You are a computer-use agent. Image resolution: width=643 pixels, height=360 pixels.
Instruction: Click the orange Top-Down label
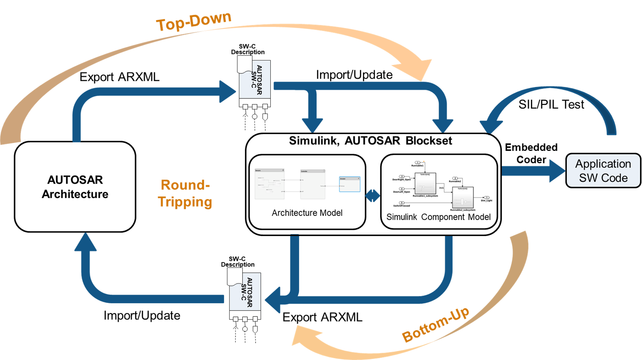click(194, 21)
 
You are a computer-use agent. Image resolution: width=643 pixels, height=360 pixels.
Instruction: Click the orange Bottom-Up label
click(435, 325)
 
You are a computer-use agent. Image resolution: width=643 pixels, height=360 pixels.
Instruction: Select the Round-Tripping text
click(185, 193)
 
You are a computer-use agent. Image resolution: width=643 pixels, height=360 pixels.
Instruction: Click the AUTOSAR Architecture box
click(75, 187)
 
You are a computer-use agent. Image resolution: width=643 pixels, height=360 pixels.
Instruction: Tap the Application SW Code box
click(603, 171)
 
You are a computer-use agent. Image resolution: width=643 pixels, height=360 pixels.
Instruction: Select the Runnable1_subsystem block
click(425, 183)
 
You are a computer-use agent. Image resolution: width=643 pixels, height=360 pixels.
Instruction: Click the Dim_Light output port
click(486, 197)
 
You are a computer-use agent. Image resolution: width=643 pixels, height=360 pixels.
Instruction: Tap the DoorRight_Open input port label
click(401, 180)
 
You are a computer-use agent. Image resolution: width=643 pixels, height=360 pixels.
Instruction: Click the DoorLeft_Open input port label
click(401, 192)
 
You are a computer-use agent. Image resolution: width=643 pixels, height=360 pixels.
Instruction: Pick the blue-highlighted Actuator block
click(350, 184)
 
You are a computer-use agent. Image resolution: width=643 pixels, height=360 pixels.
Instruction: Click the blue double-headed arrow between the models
click(372, 195)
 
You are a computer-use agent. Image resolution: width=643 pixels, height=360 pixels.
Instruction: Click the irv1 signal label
click(442, 188)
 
